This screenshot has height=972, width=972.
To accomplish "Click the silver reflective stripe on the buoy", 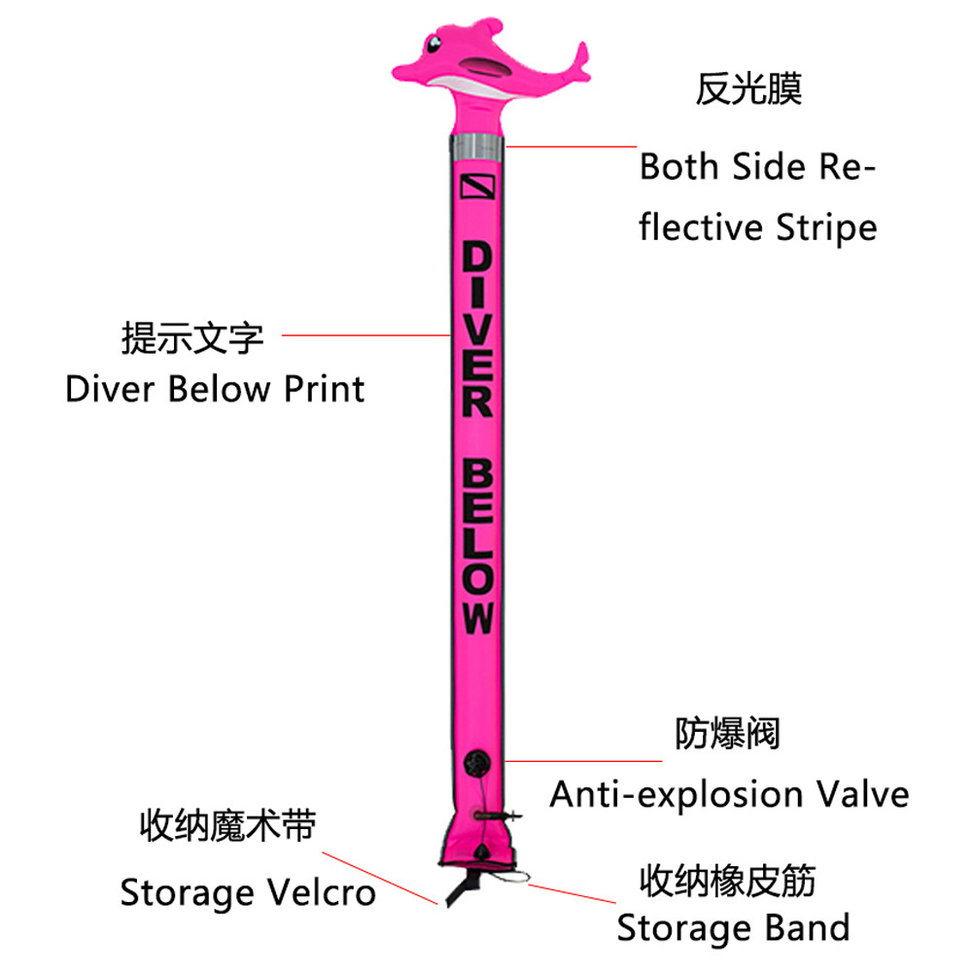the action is point(477,147).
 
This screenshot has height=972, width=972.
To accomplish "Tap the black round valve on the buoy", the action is point(478,763).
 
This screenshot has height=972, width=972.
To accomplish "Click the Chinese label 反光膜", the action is point(748,90).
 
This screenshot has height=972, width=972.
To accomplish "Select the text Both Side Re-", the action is point(757,167).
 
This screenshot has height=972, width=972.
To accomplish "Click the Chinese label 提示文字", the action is point(191,338).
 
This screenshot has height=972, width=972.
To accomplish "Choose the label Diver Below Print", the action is point(215,389).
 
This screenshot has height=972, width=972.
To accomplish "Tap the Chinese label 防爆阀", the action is point(728,734).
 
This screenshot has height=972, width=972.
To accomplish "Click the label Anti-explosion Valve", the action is point(729,794).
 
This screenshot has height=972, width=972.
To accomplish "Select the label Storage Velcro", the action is point(248,892).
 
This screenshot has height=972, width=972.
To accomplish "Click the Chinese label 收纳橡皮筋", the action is point(727,882).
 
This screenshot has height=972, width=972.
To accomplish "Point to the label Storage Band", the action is point(733,927).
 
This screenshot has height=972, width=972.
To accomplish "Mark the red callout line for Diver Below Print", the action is point(364,335).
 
